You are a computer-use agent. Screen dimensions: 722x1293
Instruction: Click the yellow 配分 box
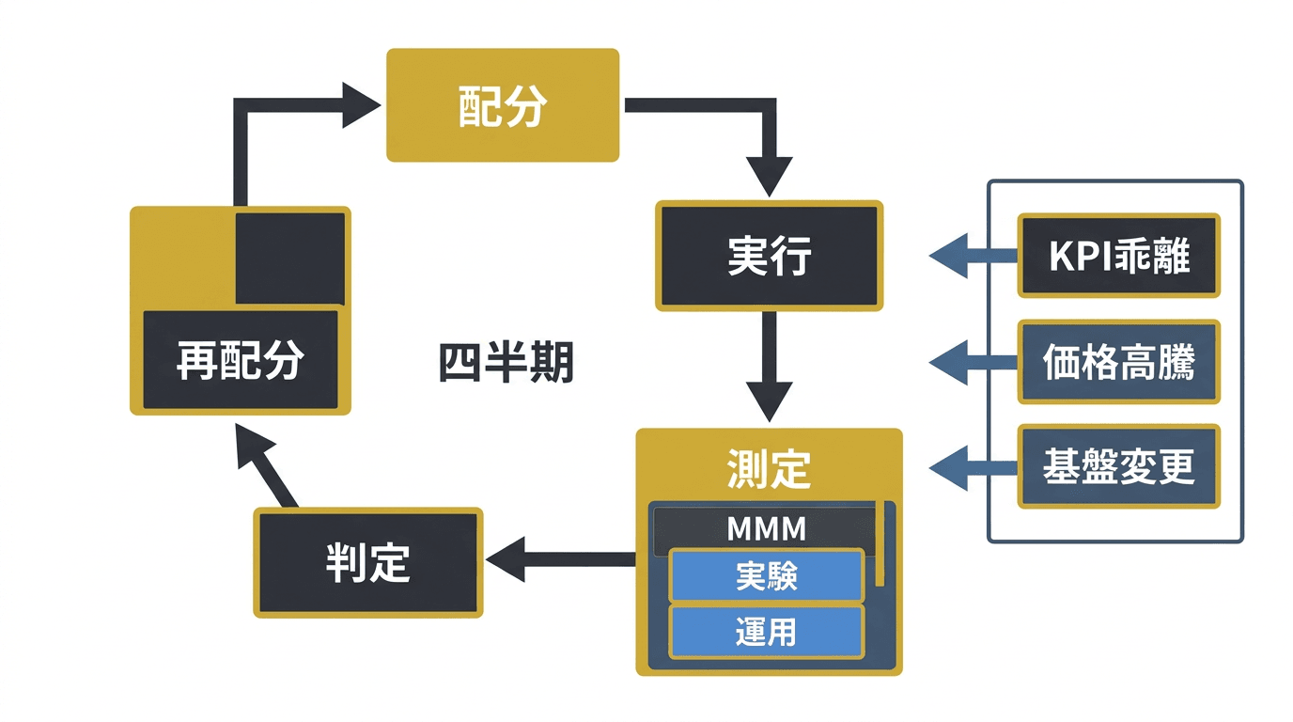(503, 105)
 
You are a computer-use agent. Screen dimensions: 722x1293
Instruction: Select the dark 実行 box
(769, 256)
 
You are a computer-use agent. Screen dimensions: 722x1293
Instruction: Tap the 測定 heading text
(769, 467)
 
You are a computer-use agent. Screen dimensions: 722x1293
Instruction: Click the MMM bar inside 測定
(767, 529)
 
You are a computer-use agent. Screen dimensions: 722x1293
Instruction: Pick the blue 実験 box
(767, 576)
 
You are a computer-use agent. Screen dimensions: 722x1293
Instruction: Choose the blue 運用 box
(767, 632)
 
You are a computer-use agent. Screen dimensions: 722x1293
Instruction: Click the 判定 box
(368, 562)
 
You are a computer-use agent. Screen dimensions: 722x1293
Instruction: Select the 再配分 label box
(240, 361)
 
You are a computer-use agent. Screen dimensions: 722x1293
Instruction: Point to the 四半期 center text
(506, 363)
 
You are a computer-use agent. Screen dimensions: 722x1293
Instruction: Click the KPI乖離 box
(1118, 256)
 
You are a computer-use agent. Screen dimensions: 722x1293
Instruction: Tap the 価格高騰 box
(1118, 362)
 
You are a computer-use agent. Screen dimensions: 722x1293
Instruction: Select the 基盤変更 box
(1118, 466)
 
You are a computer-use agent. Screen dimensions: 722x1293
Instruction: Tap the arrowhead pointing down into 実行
(769, 176)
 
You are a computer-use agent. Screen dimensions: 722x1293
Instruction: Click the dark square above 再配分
(289, 258)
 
